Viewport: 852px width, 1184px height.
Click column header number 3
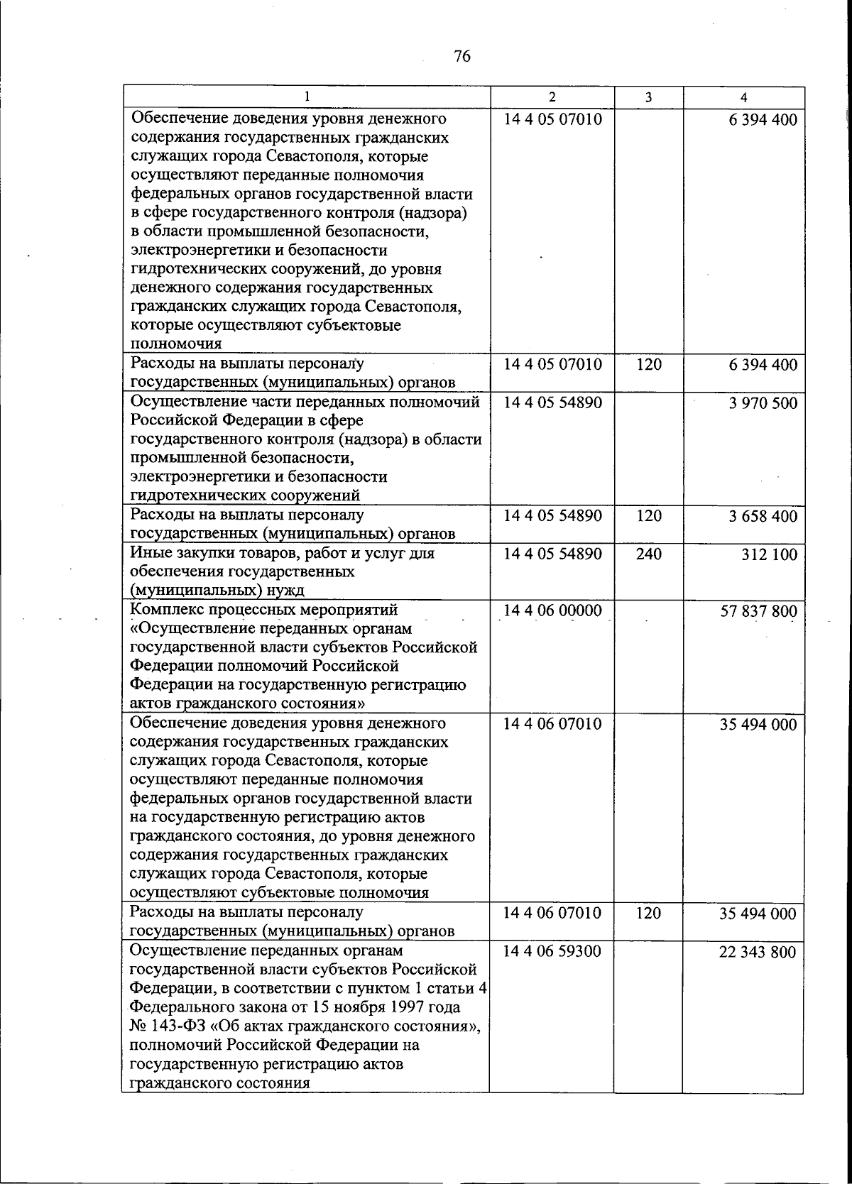(x=648, y=97)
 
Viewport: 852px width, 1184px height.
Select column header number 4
(x=743, y=97)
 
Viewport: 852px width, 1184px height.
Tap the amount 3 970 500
(x=763, y=403)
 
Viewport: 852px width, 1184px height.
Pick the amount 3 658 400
(x=763, y=516)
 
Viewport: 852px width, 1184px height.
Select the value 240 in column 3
(x=648, y=553)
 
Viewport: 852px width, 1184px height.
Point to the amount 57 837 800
(x=758, y=611)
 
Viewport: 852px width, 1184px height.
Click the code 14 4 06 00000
(x=552, y=610)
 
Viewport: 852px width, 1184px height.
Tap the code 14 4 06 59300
(x=552, y=950)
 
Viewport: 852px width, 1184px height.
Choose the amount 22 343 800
(x=758, y=952)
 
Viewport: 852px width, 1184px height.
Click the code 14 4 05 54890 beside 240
(x=552, y=553)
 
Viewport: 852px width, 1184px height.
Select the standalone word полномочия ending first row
(x=176, y=344)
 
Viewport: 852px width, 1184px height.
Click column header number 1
(x=307, y=97)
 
